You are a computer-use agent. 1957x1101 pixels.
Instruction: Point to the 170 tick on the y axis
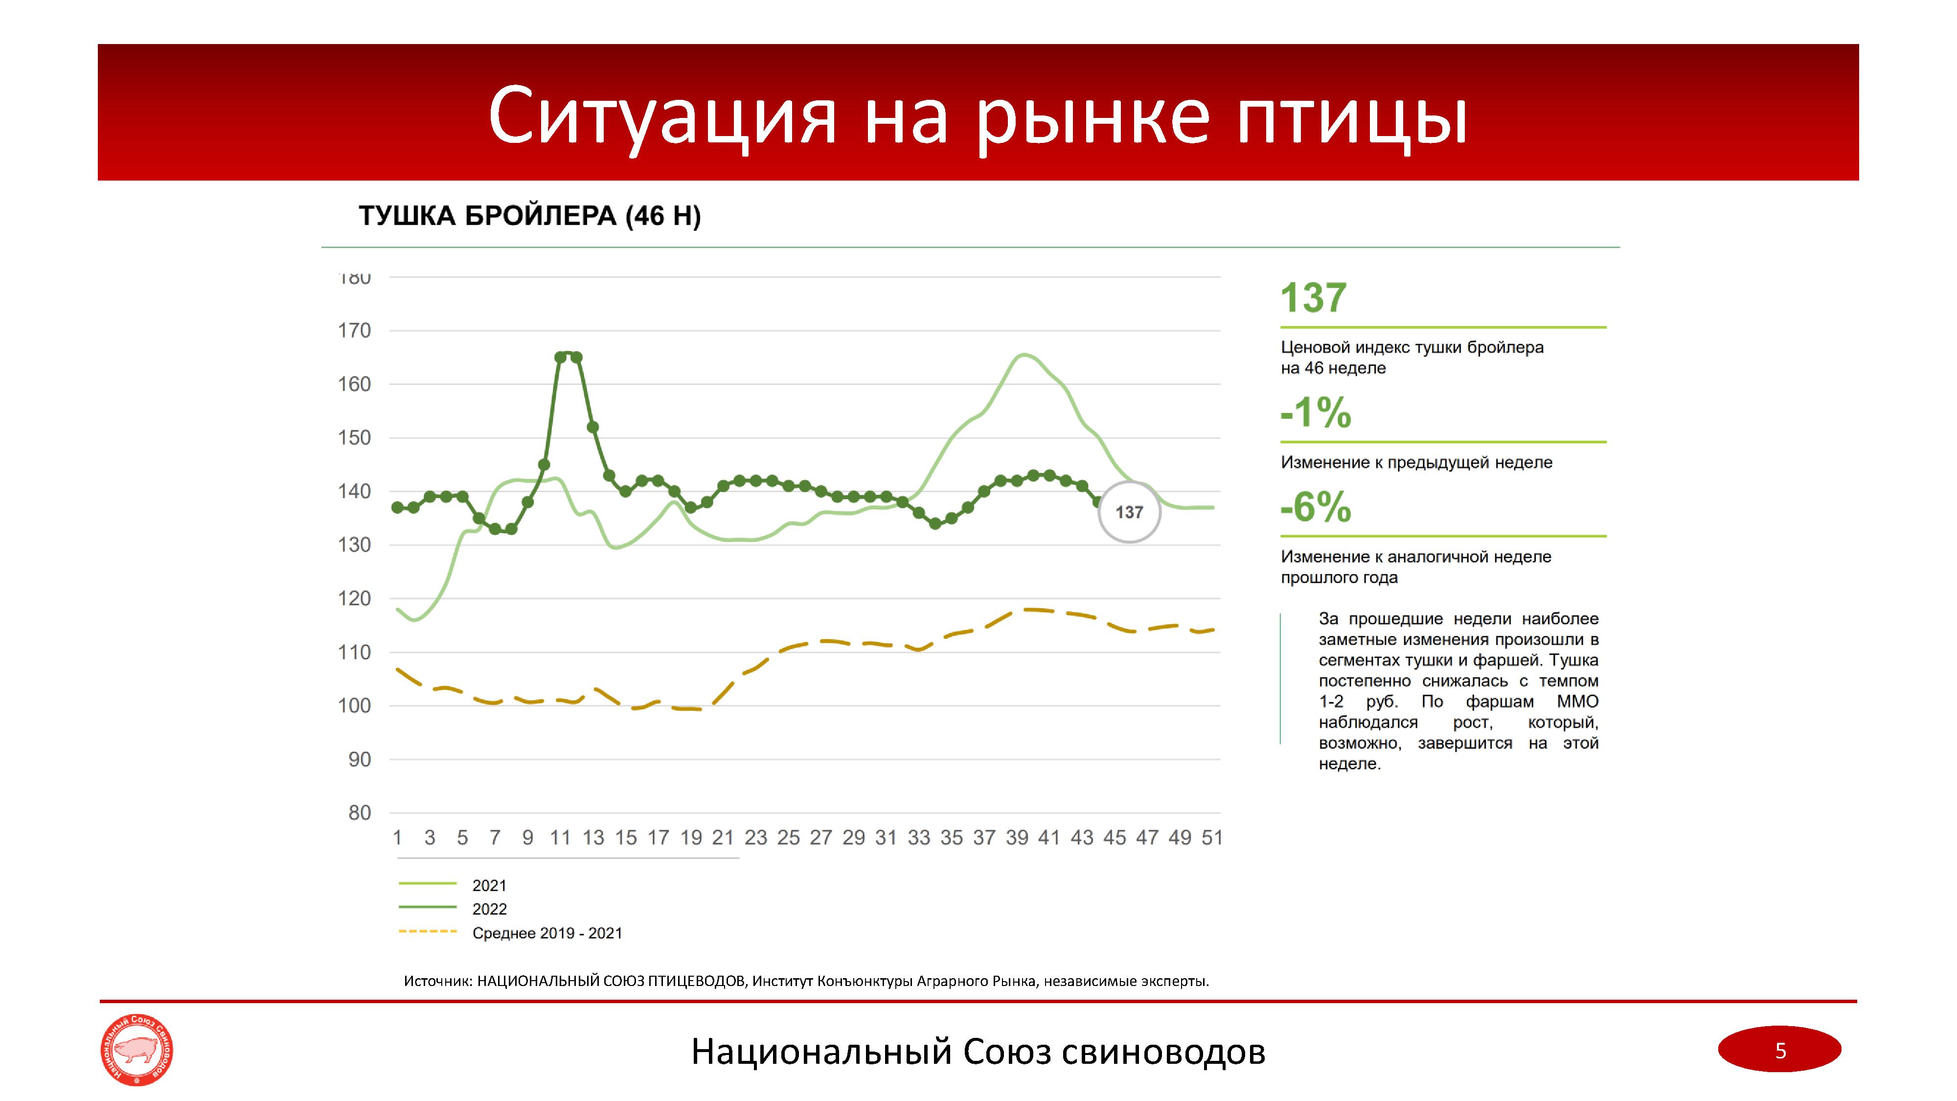point(354,330)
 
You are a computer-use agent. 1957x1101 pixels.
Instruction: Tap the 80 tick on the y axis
point(359,812)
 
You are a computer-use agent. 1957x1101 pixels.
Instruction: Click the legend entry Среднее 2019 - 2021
point(547,933)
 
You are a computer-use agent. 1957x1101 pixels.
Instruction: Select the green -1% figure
point(1316,413)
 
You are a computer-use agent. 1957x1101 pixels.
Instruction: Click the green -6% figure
point(1316,507)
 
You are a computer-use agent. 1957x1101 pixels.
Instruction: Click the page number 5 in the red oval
point(1780,1050)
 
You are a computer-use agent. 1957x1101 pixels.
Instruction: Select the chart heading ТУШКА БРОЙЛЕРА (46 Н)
point(529,217)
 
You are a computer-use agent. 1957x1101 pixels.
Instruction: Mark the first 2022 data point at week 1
point(397,507)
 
